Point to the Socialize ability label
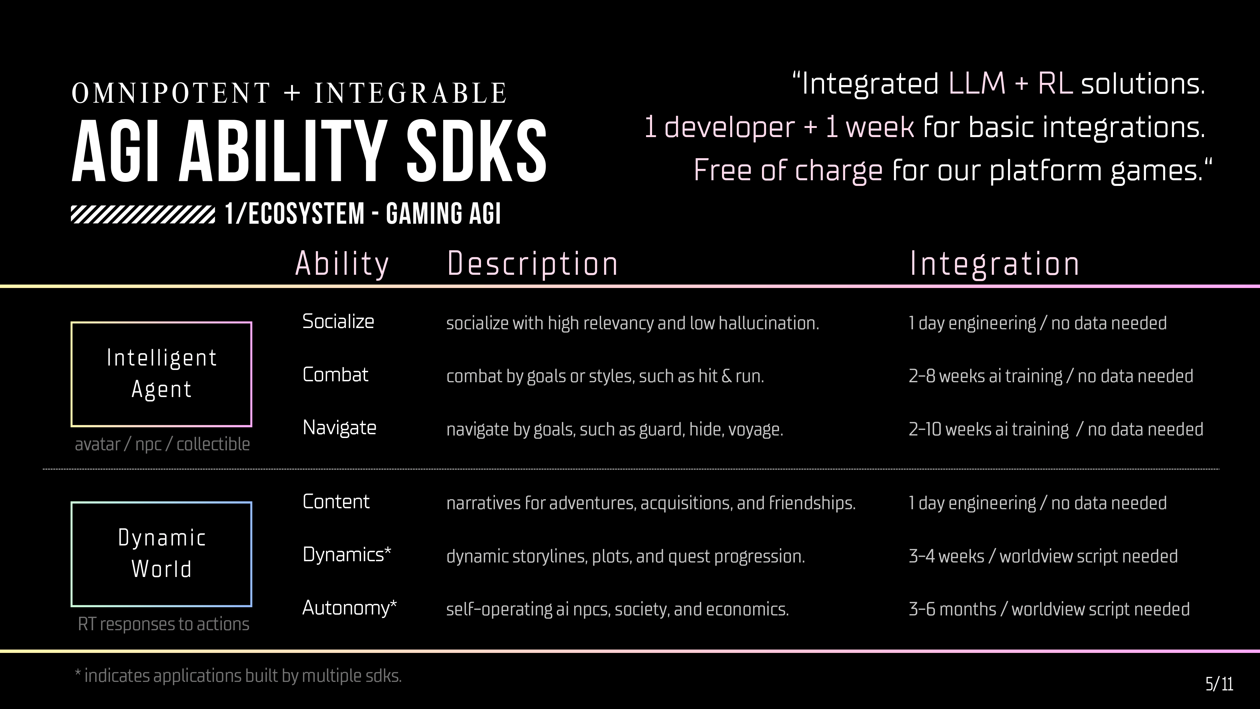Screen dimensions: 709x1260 (338, 321)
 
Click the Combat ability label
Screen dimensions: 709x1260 (335, 375)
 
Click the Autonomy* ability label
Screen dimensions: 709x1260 (349, 608)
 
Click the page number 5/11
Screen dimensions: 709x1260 (1219, 683)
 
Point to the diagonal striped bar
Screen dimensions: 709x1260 (143, 214)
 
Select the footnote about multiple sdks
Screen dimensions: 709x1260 (238, 676)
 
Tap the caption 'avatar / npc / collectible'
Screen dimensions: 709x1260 (162, 444)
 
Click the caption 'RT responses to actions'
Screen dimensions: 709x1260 (163, 624)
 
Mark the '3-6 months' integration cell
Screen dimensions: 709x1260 (1049, 609)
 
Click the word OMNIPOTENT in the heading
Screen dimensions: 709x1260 (171, 93)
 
